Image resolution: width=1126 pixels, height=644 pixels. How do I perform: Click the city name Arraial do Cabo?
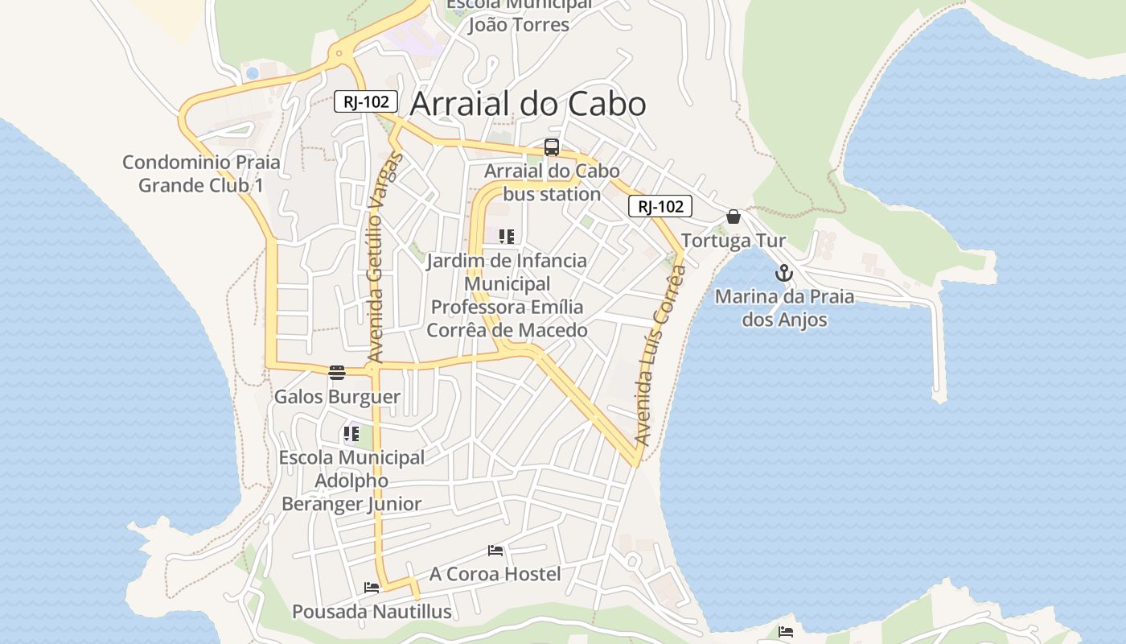pyautogui.click(x=528, y=104)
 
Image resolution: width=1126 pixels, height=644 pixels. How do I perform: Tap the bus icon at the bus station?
pyautogui.click(x=552, y=147)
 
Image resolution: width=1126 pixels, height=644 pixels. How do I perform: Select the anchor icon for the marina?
pyautogui.click(x=784, y=274)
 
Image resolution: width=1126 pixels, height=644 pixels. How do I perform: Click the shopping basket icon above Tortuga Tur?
pyautogui.click(x=734, y=217)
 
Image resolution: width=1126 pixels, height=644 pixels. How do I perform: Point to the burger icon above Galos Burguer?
pyautogui.click(x=337, y=373)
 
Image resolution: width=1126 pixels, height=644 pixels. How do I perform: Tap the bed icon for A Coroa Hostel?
pyautogui.click(x=495, y=551)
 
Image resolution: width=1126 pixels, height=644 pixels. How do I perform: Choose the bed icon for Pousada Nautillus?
pyautogui.click(x=372, y=588)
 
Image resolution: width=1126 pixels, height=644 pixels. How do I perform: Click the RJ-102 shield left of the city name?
pyautogui.click(x=366, y=101)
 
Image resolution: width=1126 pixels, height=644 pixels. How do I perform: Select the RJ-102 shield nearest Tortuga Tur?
pyautogui.click(x=660, y=206)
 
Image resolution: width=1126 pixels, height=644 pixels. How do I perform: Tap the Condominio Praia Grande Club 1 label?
pyautogui.click(x=201, y=173)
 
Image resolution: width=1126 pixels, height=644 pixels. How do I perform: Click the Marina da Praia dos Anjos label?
pyautogui.click(x=784, y=308)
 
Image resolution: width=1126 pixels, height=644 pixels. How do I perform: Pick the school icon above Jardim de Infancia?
pyautogui.click(x=506, y=237)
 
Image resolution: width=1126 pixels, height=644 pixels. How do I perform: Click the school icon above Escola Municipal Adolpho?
pyautogui.click(x=351, y=434)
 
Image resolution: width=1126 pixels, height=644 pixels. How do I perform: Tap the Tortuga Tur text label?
pyautogui.click(x=734, y=241)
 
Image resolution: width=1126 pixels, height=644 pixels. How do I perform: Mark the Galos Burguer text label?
pyautogui.click(x=337, y=397)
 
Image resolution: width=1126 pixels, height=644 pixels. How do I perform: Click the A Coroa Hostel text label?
pyautogui.click(x=495, y=574)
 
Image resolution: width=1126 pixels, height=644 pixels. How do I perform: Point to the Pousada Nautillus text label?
pyautogui.click(x=372, y=612)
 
